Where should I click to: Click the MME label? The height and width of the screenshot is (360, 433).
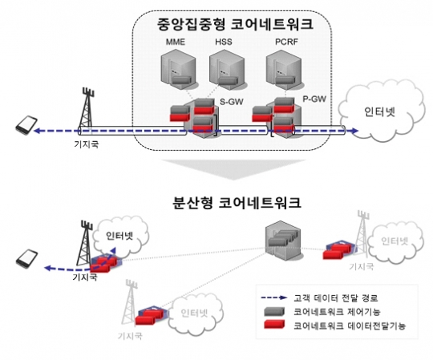176,42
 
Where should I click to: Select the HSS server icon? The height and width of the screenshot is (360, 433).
227,70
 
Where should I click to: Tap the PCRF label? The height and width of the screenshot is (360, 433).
286,42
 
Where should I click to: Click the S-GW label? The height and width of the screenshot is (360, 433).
232,102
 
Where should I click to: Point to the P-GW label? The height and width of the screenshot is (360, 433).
314,99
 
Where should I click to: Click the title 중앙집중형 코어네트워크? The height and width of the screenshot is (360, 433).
235,24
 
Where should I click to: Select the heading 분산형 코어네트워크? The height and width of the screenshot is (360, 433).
236,203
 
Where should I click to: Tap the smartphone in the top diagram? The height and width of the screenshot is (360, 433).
26,125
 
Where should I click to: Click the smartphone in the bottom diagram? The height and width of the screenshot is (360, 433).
26,259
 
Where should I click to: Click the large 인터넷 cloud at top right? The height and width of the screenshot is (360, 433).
382,111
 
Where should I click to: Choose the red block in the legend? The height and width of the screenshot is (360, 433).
274,325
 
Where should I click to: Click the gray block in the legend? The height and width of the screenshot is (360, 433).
274,312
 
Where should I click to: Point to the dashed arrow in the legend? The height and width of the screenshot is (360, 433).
274,298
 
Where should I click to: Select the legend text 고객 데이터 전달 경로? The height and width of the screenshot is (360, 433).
335,298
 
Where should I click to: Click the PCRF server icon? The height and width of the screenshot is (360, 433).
284,70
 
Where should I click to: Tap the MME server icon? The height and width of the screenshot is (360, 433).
178,70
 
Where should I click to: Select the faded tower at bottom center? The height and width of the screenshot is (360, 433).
131,303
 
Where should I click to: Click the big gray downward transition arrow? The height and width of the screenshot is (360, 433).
233,169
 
